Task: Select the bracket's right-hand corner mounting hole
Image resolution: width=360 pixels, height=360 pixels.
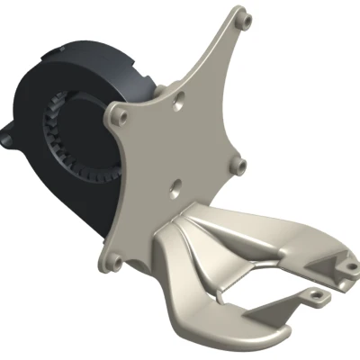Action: (x=239, y=165)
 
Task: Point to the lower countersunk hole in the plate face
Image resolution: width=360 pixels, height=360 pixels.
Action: (x=174, y=190)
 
